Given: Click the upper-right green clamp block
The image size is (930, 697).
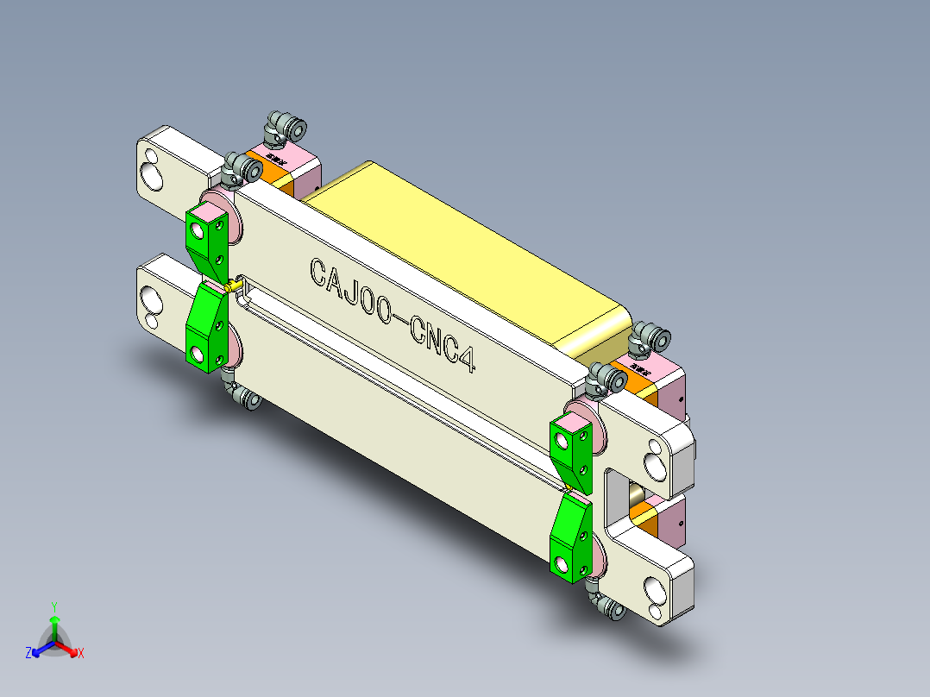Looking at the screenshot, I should (x=571, y=449).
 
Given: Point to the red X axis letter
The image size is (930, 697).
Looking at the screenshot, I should (x=81, y=654).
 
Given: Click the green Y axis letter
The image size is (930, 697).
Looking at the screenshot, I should (x=54, y=606).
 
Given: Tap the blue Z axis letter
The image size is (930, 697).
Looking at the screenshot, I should (x=28, y=653).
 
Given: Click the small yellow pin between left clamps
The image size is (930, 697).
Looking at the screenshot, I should (x=231, y=284).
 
